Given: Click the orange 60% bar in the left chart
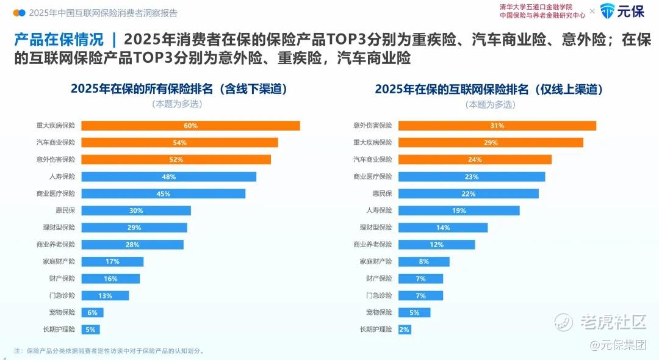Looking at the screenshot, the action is [x=190, y=126].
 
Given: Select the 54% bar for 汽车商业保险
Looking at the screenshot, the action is [x=179, y=143].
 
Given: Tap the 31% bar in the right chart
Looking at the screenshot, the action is [x=497, y=126].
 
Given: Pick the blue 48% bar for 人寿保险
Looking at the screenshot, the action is [x=168, y=177].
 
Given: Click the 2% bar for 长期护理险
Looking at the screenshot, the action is [x=405, y=329].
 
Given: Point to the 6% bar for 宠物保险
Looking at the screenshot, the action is [x=93, y=312].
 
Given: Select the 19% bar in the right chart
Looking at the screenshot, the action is [x=459, y=211].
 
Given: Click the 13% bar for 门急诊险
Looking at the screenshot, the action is [x=105, y=296].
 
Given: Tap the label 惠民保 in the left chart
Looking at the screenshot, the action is [x=65, y=211].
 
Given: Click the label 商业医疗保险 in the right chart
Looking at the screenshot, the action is [x=372, y=176].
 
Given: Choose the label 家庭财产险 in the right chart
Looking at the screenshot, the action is [x=376, y=261].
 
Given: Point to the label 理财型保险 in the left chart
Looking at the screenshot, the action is [x=59, y=227].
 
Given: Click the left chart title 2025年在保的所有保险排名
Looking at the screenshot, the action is [x=142, y=88].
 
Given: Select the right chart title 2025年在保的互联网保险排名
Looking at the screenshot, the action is [x=452, y=89].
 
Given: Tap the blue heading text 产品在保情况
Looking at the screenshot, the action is [x=59, y=40].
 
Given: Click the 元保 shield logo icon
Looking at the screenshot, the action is [x=607, y=11].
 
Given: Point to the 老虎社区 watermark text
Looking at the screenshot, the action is [x=613, y=322].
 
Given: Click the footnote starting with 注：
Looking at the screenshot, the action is [x=109, y=351].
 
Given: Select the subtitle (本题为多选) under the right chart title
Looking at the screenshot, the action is [x=490, y=104].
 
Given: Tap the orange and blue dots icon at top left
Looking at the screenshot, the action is [x=20, y=13].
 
